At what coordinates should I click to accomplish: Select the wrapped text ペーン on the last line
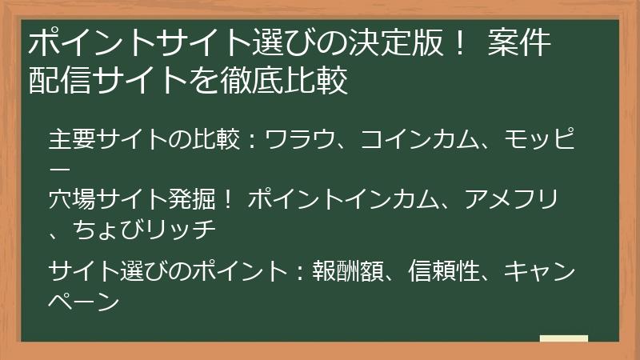coord(84,302)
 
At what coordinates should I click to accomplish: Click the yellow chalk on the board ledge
coord(563,338)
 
